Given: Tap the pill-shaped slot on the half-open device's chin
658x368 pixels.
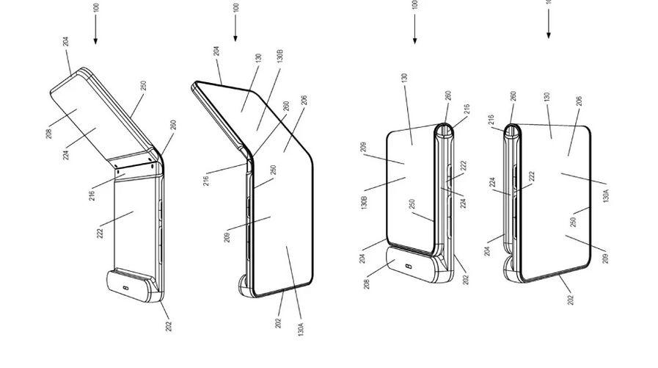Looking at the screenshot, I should [x=129, y=286].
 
